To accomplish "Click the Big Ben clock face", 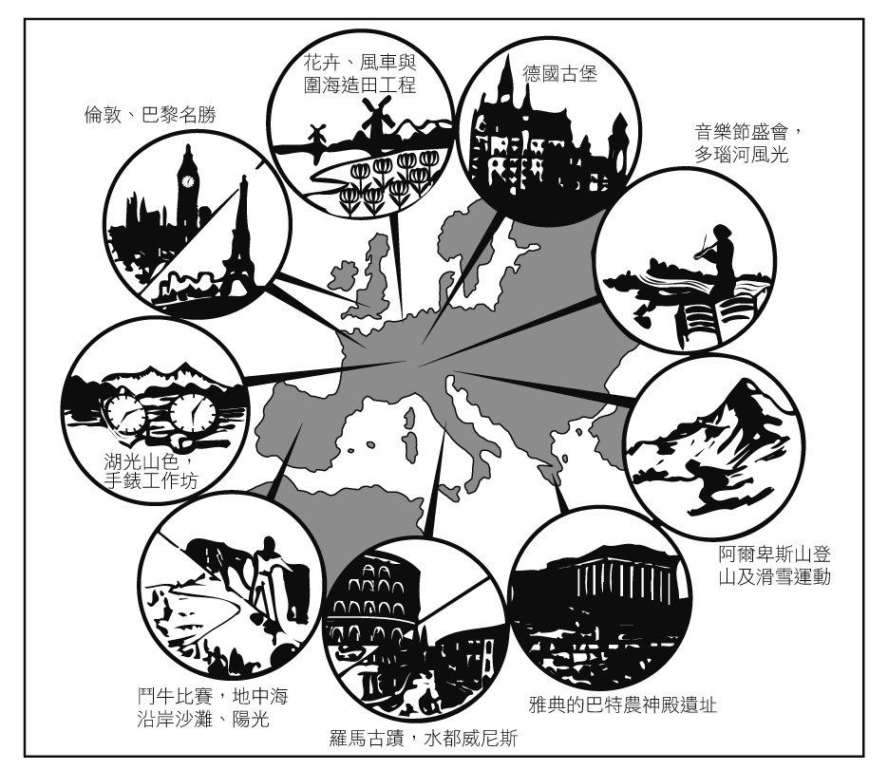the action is [x=187, y=181].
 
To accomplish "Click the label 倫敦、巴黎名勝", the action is [x=150, y=115].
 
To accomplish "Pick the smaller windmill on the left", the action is [x=316, y=136].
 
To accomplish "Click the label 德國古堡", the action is [x=559, y=74].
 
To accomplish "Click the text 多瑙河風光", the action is [x=742, y=155].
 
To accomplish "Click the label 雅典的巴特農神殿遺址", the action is [x=622, y=704].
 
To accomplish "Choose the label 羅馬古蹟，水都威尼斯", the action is [x=423, y=739].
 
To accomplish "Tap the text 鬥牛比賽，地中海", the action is [x=213, y=695].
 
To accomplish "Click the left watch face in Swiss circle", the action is [x=125, y=415].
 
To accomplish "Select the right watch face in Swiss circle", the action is [x=193, y=412].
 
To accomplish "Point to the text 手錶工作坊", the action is [x=151, y=480].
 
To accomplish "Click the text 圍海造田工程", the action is [x=360, y=85].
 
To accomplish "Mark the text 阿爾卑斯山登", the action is [x=775, y=554].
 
